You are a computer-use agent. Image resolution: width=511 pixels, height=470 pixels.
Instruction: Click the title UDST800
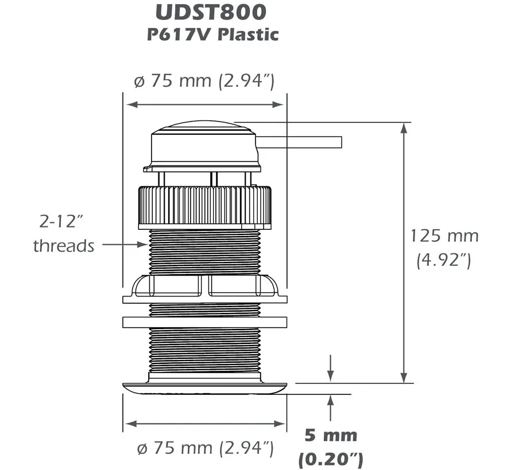tap(205, 12)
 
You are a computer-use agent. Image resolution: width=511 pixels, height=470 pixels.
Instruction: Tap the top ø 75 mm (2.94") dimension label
tap(204, 81)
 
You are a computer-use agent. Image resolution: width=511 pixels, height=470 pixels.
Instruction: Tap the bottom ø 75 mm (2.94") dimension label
tap(203, 447)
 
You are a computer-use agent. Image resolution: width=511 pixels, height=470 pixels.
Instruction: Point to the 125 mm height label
tap(444, 236)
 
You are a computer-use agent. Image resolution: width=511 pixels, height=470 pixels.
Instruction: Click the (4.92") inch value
tap(444, 261)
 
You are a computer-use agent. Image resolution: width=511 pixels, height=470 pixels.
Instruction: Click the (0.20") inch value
tap(331, 458)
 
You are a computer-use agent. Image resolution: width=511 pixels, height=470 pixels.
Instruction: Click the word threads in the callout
tap(63, 246)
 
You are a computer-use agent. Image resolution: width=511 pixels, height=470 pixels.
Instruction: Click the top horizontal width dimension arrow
tap(205, 105)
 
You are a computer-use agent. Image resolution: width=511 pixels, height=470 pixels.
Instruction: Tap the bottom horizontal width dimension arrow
tap(205, 424)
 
